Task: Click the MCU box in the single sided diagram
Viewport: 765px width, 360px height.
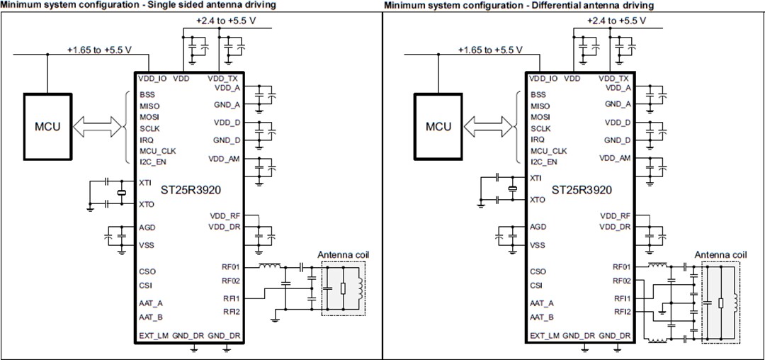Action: tap(47, 128)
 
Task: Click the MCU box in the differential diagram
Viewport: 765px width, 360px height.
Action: tap(438, 128)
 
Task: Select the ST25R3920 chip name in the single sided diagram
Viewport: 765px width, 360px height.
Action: tap(191, 190)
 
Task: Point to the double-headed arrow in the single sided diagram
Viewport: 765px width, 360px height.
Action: tap(99, 128)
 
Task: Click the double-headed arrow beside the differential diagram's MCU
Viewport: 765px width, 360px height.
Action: tap(489, 128)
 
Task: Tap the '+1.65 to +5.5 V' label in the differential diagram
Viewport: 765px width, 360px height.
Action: tap(489, 50)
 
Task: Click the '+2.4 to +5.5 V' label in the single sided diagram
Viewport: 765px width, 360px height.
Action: tap(225, 21)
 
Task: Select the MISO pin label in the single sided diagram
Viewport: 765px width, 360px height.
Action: tap(150, 106)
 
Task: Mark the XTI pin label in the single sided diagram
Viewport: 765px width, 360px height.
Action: tap(146, 182)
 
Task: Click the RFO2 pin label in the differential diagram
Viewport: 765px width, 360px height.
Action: tap(622, 281)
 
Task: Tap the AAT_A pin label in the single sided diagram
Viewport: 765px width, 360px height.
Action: tap(152, 303)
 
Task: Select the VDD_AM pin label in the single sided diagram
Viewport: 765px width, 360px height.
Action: tap(225, 158)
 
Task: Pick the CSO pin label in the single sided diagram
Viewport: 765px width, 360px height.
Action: tap(147, 271)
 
